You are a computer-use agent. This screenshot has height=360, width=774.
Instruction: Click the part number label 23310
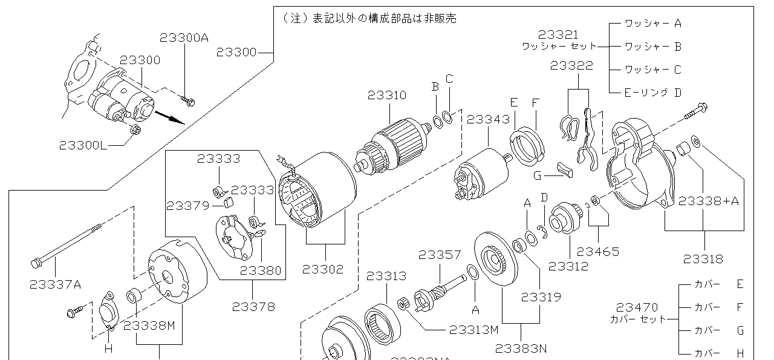[x=386, y=96]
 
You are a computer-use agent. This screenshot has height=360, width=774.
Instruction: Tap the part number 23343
[x=488, y=120]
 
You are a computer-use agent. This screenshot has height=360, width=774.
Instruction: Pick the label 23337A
[x=54, y=283]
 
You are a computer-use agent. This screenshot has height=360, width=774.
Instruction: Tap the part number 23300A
[x=184, y=38]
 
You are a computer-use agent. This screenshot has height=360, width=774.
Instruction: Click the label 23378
[x=253, y=307]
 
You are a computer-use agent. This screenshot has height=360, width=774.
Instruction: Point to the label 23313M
[x=473, y=330]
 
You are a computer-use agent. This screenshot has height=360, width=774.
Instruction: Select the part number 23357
[x=440, y=255]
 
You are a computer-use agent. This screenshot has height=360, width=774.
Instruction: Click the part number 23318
[x=703, y=259]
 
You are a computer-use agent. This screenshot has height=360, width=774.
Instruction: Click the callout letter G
[x=537, y=176]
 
